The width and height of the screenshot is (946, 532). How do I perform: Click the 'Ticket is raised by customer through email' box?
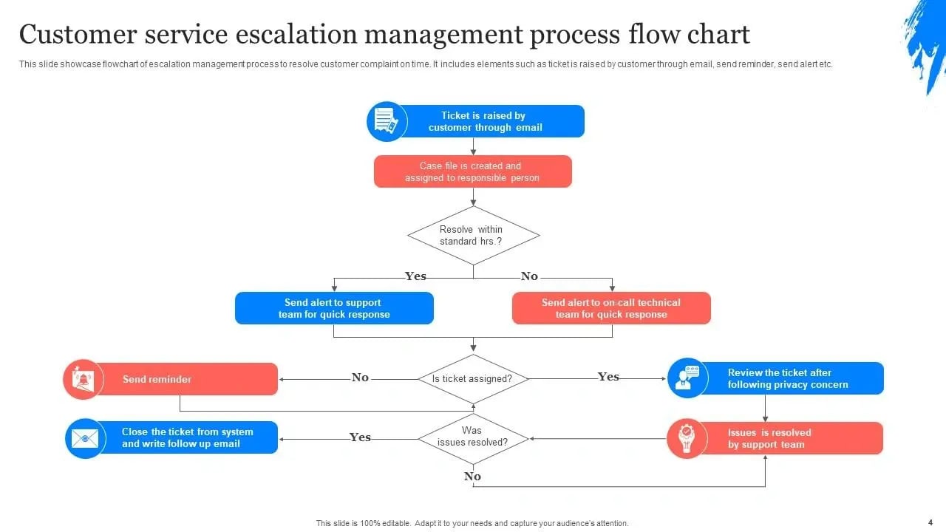[491, 121]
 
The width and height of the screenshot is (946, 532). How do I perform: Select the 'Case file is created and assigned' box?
[472, 171]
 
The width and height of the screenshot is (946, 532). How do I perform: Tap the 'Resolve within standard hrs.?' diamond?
[473, 236]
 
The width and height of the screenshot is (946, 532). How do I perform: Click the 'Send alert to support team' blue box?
[334, 308]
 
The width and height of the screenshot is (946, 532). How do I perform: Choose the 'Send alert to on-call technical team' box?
[611, 308]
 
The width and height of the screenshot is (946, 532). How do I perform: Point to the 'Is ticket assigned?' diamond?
[472, 379]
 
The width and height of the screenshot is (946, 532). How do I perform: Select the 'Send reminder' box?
[185, 379]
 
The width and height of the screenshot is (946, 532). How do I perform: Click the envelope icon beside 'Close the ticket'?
[85, 438]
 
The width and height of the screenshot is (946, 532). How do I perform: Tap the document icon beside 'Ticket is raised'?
[387, 121]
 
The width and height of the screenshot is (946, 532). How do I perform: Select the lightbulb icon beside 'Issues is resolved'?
[687, 438]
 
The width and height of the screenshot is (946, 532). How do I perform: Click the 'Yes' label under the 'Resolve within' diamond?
[415, 276]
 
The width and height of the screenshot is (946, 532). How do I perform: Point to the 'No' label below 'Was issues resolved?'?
[472, 477]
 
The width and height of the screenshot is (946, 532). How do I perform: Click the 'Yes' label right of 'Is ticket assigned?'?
[608, 377]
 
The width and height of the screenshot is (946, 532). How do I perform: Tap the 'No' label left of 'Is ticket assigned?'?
[360, 378]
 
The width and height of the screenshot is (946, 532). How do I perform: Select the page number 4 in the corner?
[930, 522]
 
